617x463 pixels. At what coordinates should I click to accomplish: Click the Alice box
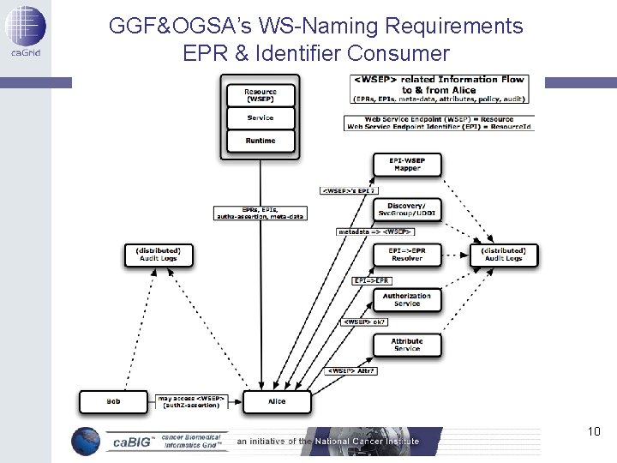(x=277, y=401)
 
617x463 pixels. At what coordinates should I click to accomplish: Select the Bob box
(x=113, y=401)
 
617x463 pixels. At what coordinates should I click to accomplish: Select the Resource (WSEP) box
(x=261, y=95)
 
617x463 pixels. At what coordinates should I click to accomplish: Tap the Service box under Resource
(x=261, y=118)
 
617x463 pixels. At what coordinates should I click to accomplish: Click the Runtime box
(x=261, y=141)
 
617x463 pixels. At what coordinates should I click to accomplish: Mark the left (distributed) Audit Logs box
(x=159, y=255)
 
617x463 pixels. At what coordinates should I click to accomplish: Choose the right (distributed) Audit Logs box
(x=504, y=255)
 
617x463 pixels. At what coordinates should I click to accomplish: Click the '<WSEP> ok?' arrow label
(x=364, y=322)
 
